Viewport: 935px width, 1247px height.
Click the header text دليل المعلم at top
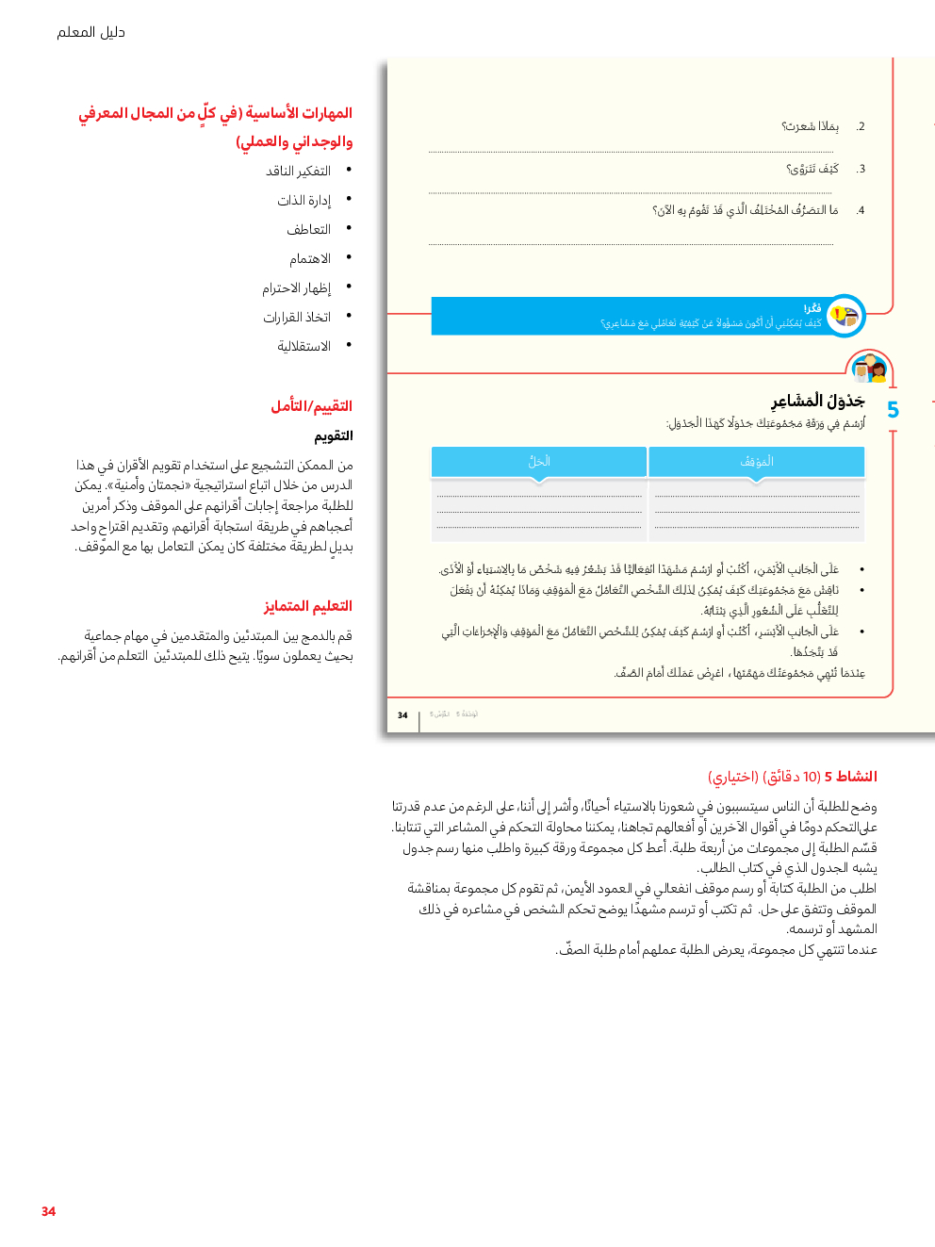coord(90,32)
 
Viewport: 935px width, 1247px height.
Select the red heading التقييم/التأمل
coord(311,406)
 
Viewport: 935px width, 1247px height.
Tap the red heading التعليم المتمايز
coord(307,606)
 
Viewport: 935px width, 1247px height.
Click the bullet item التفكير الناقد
coord(298,172)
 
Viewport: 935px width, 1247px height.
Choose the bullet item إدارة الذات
coord(303,201)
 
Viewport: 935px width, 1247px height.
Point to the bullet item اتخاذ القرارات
coord(297,318)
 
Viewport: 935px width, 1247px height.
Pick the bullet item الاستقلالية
coord(303,347)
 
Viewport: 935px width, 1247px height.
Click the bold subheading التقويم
coord(334,436)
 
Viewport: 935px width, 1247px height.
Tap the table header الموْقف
coord(756,461)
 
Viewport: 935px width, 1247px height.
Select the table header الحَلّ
coord(539,461)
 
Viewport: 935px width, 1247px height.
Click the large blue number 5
coord(893,410)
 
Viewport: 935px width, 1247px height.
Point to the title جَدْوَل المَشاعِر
coord(817,402)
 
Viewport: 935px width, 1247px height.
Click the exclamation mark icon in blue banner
coord(837,315)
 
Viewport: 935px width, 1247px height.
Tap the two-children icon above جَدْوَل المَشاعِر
coord(869,369)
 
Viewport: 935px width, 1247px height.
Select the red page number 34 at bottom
coord(48,1211)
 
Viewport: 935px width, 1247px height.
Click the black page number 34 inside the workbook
coord(402,715)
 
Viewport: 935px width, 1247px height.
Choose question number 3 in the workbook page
coord(861,170)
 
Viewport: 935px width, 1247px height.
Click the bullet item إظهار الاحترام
coord(296,288)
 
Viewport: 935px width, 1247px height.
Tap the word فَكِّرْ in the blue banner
coord(812,308)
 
